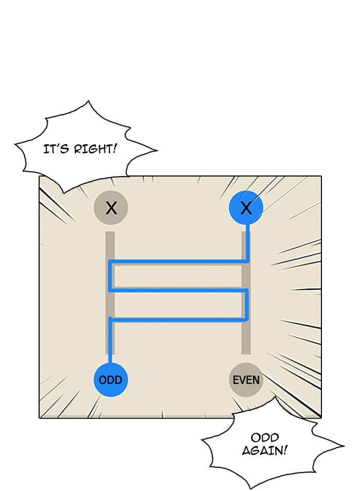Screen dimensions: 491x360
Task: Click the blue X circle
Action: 246,208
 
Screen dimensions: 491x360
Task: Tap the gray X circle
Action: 111,208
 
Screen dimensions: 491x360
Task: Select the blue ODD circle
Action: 111,380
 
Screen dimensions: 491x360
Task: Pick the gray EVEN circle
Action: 246,380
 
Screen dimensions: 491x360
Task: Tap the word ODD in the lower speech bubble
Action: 265,437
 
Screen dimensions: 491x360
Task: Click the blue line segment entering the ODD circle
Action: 111,350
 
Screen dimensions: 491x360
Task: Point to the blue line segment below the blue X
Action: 247,242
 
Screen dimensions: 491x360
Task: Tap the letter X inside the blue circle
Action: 246,208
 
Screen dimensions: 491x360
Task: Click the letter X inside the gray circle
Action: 111,208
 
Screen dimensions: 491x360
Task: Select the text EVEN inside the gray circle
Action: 246,380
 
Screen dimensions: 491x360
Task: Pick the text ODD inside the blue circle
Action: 111,380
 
